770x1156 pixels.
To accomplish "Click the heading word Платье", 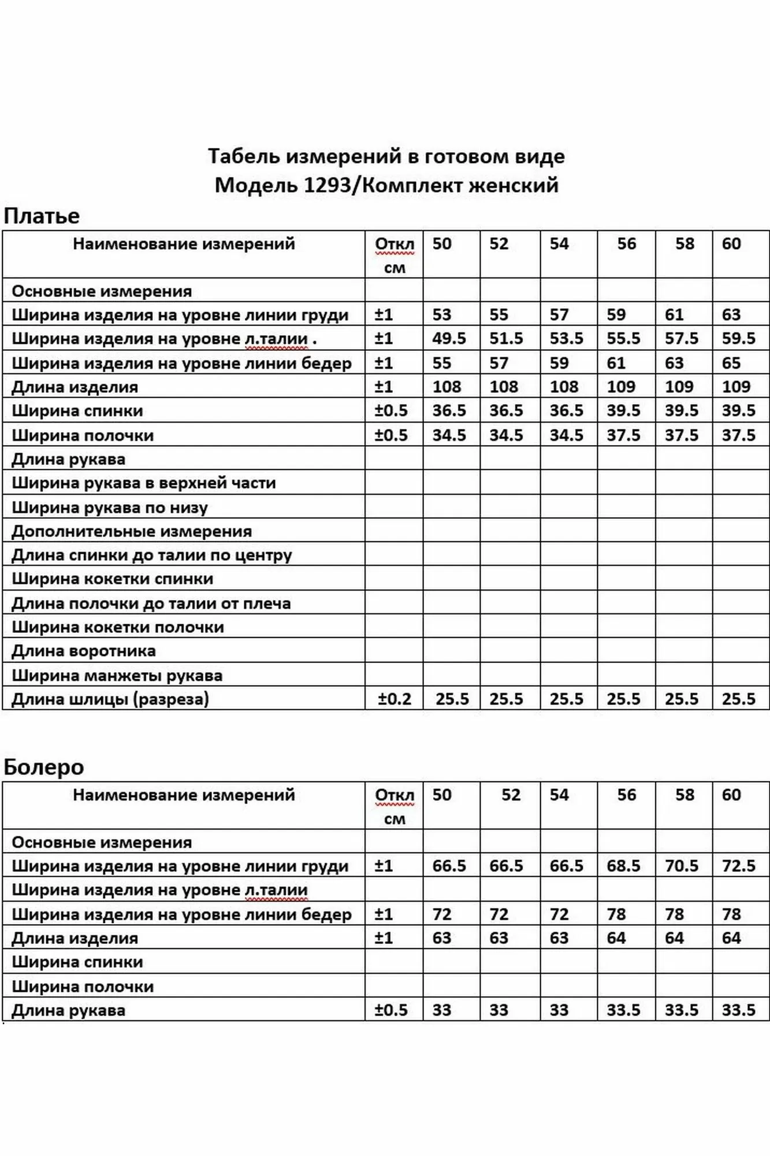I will point(42,216).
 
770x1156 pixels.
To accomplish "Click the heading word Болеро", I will point(44,768).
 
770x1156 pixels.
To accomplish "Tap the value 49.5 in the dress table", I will point(449,339).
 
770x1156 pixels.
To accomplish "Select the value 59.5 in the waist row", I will point(738,339).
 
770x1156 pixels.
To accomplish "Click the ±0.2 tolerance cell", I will point(395,699).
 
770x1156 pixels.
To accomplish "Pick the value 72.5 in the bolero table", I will point(738,866).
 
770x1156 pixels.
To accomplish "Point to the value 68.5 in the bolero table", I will point(623,866).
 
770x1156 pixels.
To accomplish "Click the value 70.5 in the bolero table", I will point(681,866).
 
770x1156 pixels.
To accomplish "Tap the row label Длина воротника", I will point(84,651).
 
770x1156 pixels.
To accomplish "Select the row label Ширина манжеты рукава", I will point(117,676).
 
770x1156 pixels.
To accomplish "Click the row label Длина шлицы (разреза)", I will point(110,699).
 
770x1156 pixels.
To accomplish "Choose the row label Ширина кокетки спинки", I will point(112,579).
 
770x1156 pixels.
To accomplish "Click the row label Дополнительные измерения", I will point(132,532).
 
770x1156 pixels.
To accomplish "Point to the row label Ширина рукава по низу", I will point(110,508).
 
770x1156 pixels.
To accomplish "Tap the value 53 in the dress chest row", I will point(441,315).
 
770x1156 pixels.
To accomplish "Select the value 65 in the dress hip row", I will point(731,364).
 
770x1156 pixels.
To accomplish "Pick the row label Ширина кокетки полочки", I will point(118,628).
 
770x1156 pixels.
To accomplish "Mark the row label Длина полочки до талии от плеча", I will point(151,604).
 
